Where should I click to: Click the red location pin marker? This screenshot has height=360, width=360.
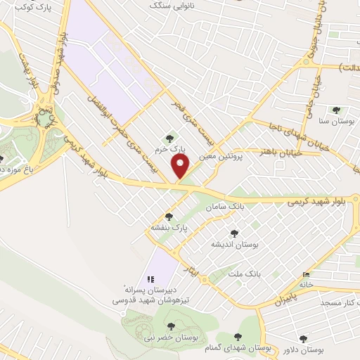point(181,167)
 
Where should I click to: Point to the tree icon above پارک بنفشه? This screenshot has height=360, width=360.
point(168,217)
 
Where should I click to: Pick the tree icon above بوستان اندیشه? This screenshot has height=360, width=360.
point(234,233)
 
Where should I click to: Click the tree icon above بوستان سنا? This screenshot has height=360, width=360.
point(336,110)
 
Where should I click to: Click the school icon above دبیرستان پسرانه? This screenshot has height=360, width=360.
point(150,278)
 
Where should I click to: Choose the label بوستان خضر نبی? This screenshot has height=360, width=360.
point(168,339)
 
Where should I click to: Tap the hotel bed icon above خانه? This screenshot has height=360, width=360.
point(304,274)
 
